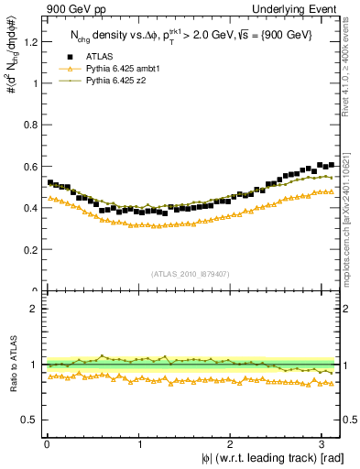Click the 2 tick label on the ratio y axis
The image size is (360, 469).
click(35, 309)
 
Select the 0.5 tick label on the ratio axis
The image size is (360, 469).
click(30, 420)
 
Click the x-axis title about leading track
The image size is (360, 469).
click(267, 457)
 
